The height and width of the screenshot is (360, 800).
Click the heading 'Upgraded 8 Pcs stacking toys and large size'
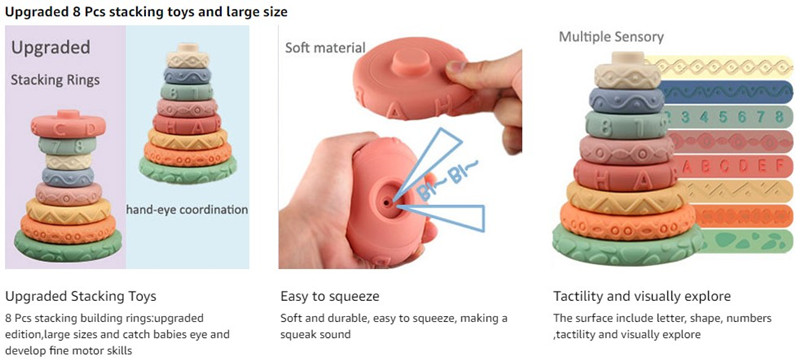146,12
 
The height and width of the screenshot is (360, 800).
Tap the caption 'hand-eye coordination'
187,210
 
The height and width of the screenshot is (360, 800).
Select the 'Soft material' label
326,48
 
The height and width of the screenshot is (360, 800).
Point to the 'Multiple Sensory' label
611,37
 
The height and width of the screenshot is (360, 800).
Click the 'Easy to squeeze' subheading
330,297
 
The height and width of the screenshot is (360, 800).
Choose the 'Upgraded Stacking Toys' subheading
81,296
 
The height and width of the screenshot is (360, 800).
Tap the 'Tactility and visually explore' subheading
642,297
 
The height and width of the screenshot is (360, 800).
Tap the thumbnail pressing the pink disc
457,68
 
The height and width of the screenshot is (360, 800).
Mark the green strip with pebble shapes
746,241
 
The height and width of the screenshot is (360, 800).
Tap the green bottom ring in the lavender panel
68,247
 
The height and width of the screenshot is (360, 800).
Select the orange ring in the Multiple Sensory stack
628,220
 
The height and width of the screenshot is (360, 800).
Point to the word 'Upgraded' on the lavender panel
51,48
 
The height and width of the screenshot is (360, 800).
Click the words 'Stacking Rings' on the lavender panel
56,80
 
